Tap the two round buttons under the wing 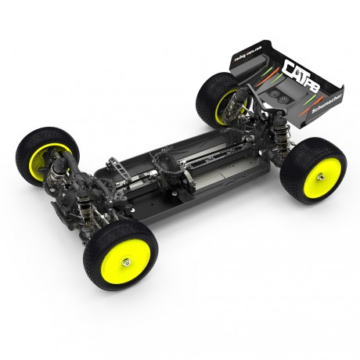(x=275, y=92)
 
